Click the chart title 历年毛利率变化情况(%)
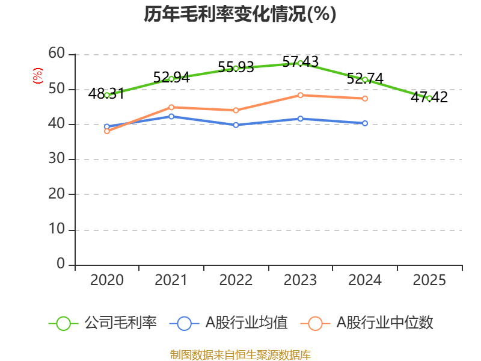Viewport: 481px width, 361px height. (240, 14)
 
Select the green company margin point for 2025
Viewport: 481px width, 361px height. (429, 98)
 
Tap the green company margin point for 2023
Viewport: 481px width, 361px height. (300, 63)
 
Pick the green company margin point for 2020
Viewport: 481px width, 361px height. (107, 95)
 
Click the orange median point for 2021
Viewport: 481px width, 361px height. (171, 107)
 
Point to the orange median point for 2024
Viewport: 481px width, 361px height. (365, 99)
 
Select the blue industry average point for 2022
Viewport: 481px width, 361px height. (236, 125)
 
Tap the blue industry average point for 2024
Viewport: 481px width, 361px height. (365, 123)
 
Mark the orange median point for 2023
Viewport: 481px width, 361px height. (300, 95)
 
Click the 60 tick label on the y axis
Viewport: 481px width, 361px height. (57, 54)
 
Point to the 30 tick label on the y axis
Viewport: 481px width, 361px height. (57, 159)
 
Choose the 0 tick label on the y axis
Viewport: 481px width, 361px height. (61, 265)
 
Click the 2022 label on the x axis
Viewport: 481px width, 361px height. (236, 280)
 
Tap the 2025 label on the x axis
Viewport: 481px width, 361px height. (429, 280)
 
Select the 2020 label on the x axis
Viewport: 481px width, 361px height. (107, 280)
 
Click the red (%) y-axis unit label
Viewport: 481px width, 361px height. (38, 76)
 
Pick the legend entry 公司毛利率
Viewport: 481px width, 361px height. (120, 323)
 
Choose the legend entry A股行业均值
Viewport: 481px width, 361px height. (247, 323)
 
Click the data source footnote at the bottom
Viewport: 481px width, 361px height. (240, 354)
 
